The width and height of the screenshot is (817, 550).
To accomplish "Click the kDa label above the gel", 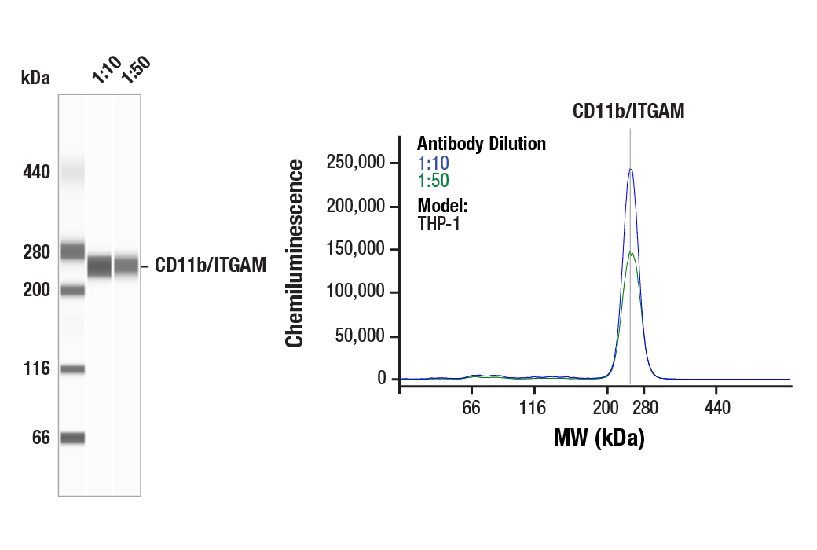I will coord(35,78).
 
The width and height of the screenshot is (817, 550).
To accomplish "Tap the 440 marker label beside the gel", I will coord(36,171).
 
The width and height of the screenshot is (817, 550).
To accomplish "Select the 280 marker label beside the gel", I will coord(36,252).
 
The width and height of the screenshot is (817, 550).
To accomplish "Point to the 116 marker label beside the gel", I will coord(36,368).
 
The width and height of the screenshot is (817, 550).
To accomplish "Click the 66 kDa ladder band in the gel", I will coord(72,438).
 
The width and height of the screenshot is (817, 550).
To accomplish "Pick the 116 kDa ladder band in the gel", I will coord(72,369).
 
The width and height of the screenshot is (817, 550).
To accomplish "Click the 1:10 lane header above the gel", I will coord(105,71).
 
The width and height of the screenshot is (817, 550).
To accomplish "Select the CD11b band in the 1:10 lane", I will coord(99,266).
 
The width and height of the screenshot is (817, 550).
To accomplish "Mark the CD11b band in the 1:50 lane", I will coord(126,266).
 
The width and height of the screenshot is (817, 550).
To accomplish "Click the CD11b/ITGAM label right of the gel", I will coord(210,266).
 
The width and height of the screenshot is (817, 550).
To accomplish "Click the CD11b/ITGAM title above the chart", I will coord(628,111).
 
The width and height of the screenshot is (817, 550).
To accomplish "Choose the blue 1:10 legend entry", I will coord(433,163).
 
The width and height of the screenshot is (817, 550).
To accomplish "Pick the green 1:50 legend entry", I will coord(433,181).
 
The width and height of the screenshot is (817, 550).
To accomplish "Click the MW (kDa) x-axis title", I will coord(599,437).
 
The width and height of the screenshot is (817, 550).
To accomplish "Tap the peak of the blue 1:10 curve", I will coord(631,169).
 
